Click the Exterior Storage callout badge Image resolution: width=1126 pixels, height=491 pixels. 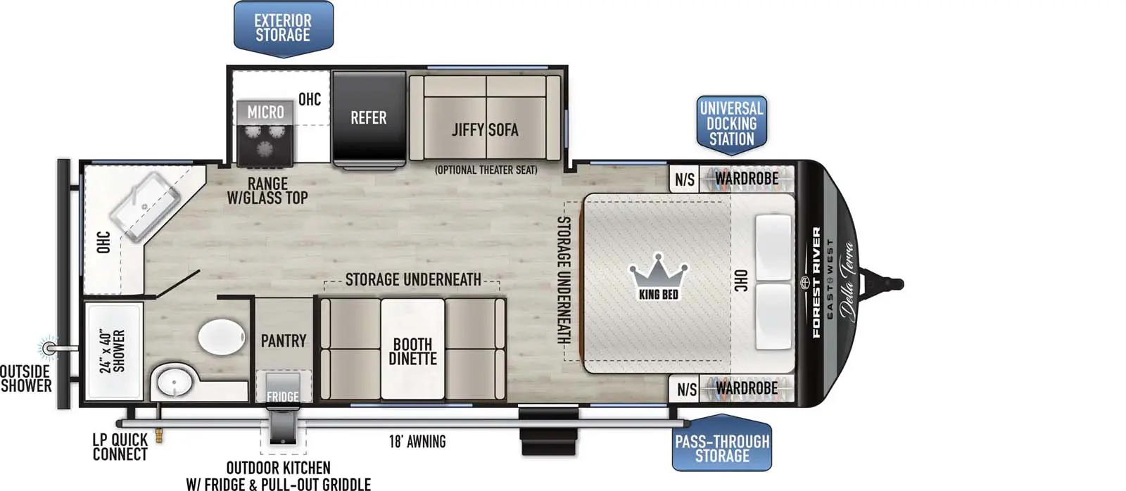click(283, 28)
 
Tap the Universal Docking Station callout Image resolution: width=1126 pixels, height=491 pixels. click(731, 124)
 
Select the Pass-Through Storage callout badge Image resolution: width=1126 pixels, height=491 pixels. click(722, 448)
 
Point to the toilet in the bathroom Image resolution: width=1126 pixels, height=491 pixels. click(221, 337)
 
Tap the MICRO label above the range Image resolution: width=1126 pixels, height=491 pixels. click(265, 112)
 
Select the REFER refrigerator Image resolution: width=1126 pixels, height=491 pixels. click(369, 117)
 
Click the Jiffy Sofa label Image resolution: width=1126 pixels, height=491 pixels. click(485, 129)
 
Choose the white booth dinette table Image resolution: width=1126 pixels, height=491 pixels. click(412, 348)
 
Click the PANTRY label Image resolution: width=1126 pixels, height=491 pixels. click(284, 341)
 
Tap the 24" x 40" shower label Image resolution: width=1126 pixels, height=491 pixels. click(112, 350)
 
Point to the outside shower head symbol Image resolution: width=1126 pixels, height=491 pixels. click(49, 348)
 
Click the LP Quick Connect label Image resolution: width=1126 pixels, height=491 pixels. click(120, 447)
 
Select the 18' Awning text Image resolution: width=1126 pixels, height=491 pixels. click(417, 442)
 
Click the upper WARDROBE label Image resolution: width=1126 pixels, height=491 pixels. click(747, 179)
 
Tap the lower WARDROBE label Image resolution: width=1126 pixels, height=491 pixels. click(747, 388)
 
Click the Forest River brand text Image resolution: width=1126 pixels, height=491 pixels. click(816, 282)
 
